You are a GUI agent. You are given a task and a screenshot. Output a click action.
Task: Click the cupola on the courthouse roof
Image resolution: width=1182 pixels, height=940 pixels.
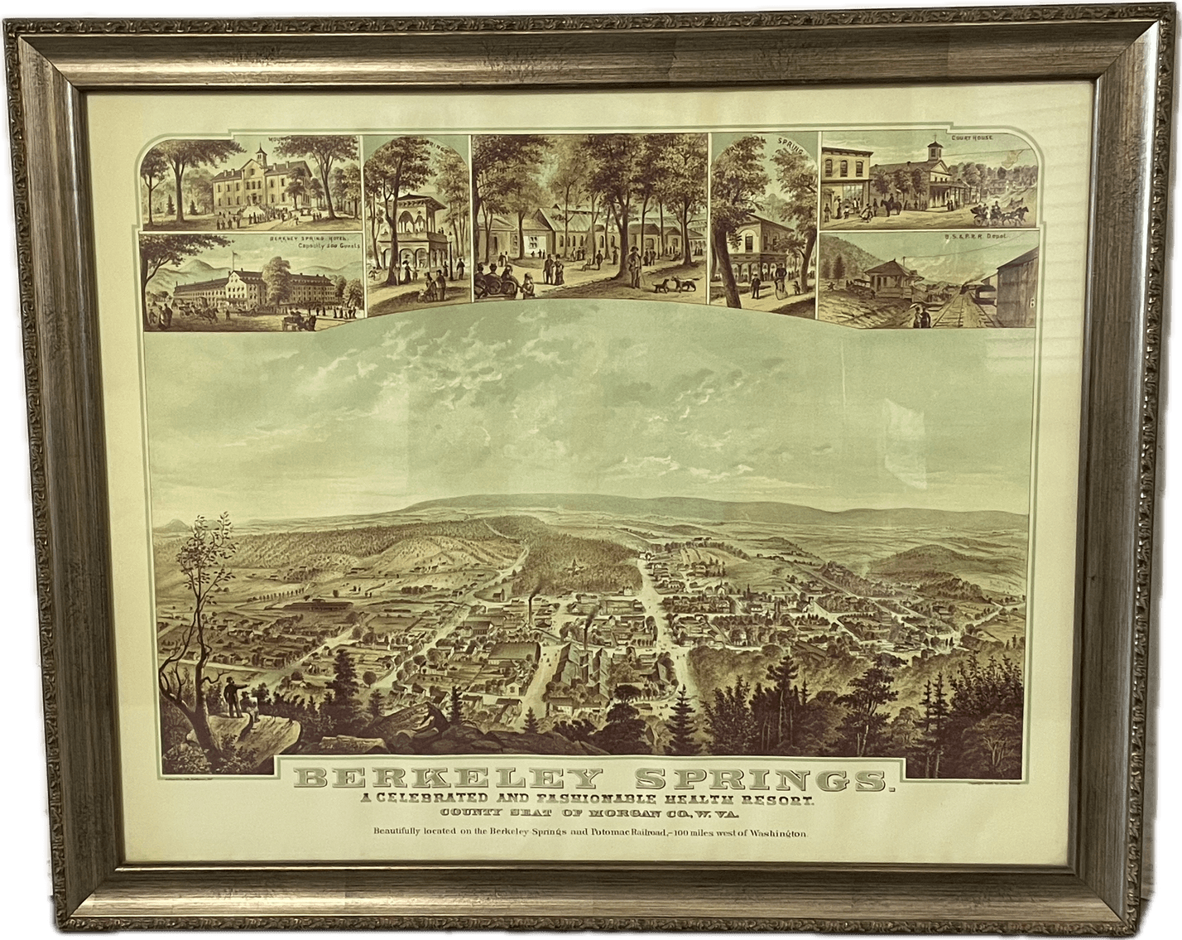coord(932,152)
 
